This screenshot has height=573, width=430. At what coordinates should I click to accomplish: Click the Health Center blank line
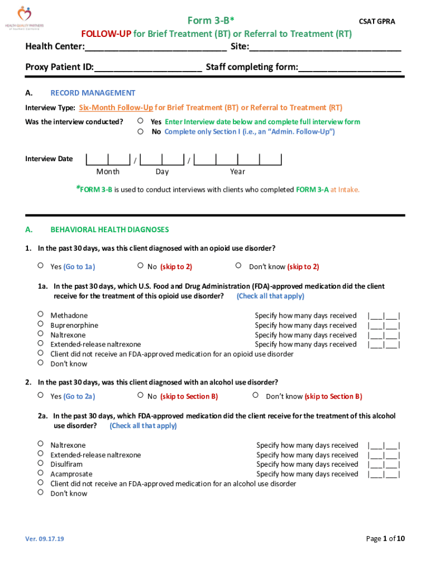point(156,47)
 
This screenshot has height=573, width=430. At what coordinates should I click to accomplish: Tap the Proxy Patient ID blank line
point(148,68)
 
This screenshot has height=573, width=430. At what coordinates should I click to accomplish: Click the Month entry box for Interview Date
point(108,160)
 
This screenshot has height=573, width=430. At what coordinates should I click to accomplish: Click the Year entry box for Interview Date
point(238,160)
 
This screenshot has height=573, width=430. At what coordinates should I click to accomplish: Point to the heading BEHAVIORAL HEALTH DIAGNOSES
point(109,229)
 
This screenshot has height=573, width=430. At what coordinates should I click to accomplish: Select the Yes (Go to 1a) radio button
point(41,266)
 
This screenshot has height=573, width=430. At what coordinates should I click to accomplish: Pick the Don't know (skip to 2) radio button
point(238,266)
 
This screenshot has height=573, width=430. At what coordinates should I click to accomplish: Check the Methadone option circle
point(41,315)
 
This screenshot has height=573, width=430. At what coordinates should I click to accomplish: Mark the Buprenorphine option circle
point(41,325)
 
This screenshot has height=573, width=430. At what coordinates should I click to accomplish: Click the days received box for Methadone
point(383,316)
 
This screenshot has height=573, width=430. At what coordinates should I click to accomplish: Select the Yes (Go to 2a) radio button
point(41,396)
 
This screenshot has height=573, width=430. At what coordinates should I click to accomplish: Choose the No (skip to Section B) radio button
point(140,396)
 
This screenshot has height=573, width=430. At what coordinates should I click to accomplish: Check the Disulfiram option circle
point(41,464)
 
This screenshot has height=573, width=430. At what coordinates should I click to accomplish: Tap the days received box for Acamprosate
point(383,474)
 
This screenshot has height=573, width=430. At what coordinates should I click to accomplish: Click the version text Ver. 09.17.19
point(45,539)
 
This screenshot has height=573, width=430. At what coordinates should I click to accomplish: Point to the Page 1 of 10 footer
point(385,538)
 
